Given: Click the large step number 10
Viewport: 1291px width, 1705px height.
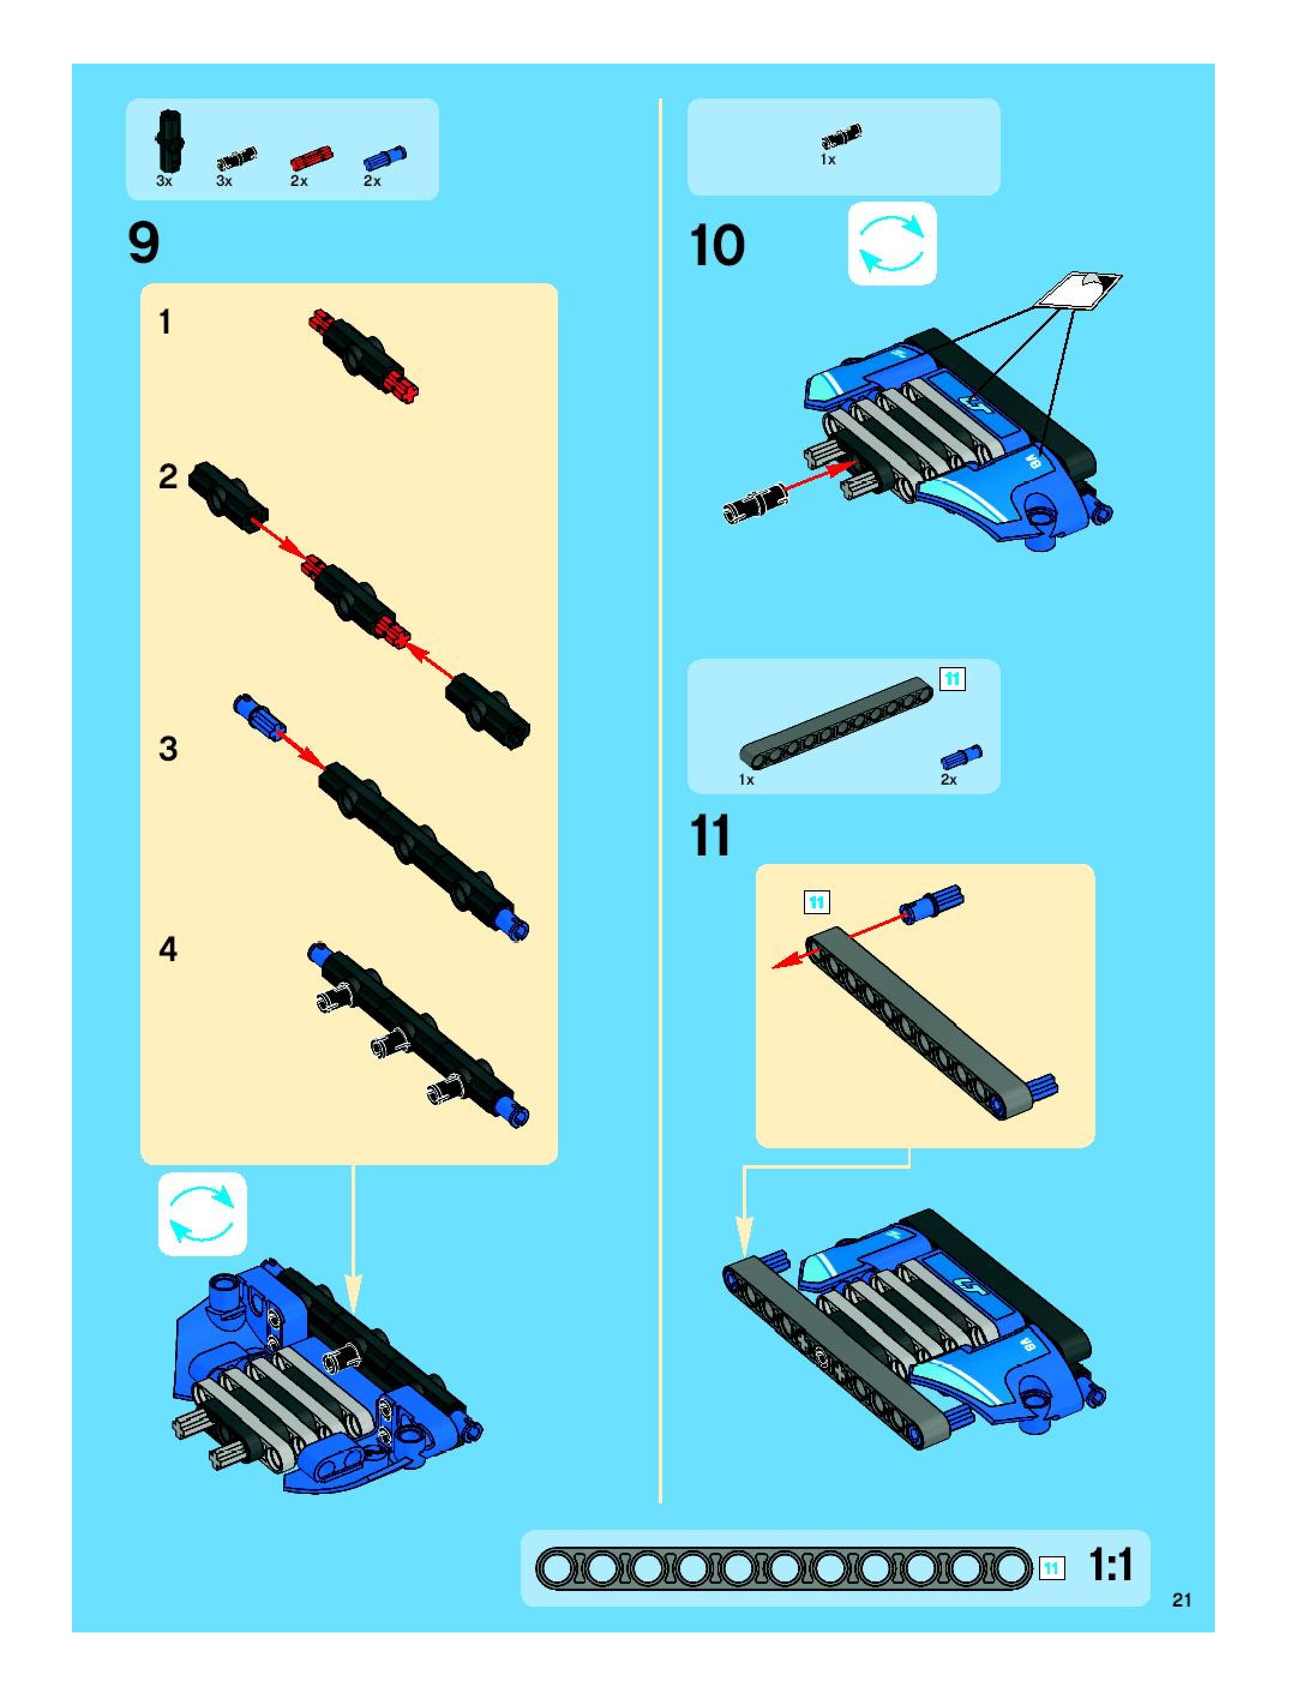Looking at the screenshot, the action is coord(717,245).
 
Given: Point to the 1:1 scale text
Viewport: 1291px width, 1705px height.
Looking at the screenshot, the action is coord(1110,1565).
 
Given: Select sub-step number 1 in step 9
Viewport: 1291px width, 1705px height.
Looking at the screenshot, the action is coord(165,322).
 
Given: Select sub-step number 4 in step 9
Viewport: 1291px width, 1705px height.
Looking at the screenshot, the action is coord(168,949).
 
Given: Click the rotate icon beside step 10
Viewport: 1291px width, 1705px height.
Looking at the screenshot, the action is coord(891,244).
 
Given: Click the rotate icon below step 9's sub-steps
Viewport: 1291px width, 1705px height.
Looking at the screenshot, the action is coord(202,1215).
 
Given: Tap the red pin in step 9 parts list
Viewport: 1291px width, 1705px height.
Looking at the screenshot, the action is coord(311,157).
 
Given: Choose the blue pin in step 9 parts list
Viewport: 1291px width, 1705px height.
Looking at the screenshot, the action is coord(384,157).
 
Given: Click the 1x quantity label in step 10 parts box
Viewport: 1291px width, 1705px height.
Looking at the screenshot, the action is coord(828,160).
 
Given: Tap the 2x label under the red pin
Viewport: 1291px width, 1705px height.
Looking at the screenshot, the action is coord(299,181).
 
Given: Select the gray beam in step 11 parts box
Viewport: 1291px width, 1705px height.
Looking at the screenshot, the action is coord(836,722).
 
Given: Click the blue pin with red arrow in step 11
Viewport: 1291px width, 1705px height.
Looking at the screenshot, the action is coord(931,903).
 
